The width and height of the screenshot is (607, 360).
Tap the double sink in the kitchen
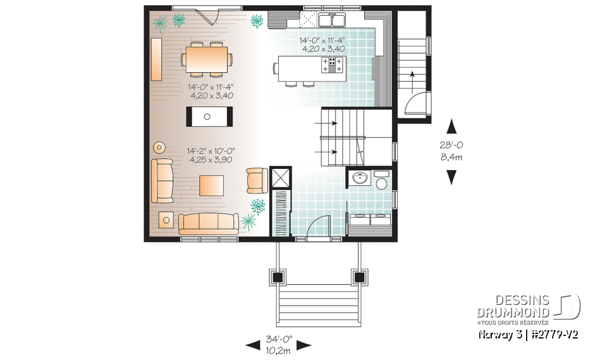[x=332, y=20]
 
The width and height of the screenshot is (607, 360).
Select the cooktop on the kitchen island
[x=334, y=64]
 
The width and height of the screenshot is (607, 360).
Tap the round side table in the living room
[x=158, y=148]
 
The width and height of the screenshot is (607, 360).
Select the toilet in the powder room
[x=381, y=181]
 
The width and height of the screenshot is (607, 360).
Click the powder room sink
[x=359, y=178]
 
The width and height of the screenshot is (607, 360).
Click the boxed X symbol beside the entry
[x=280, y=177]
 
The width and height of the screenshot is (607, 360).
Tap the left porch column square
[x=277, y=276]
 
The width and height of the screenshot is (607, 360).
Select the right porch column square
[x=360, y=276]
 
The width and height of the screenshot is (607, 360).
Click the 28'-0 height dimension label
[x=451, y=150]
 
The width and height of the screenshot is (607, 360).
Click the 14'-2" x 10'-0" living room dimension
[x=211, y=156]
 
